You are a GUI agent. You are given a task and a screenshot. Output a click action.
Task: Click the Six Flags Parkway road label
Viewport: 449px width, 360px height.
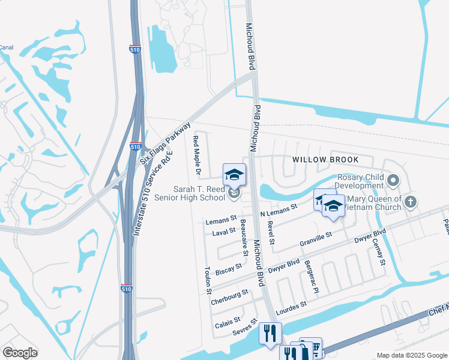(165, 143)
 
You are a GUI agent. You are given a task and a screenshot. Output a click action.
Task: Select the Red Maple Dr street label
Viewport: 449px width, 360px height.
(196, 155)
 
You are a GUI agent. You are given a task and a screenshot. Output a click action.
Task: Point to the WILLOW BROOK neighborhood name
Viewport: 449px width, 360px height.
(325, 160)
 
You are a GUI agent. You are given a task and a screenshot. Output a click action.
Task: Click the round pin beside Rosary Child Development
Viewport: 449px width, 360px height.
(394, 179)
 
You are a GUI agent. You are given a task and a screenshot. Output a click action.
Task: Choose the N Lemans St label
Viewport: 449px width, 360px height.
(279, 211)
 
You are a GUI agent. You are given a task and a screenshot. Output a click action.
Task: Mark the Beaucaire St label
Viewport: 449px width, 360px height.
(245, 235)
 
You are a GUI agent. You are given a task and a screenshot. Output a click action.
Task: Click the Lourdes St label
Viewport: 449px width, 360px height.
(292, 307)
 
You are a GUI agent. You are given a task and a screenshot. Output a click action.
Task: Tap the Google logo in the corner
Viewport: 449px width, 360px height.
(20, 353)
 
